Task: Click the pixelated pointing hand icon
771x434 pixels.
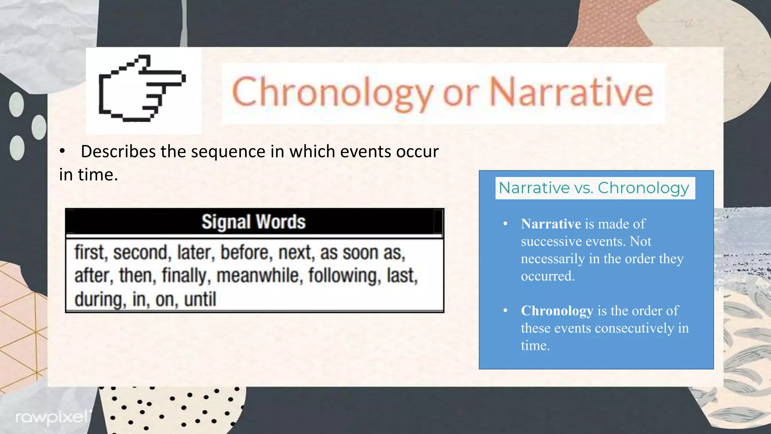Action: tap(142, 89)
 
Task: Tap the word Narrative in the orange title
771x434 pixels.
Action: tap(571, 92)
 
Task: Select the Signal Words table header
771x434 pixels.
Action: tap(254, 222)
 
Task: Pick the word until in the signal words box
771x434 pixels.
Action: tap(200, 300)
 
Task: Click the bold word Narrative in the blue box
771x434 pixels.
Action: tap(551, 224)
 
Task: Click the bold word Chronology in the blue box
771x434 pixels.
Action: tap(557, 311)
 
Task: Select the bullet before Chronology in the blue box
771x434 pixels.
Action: tap(506, 311)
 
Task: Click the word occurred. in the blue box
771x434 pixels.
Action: tap(547, 276)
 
